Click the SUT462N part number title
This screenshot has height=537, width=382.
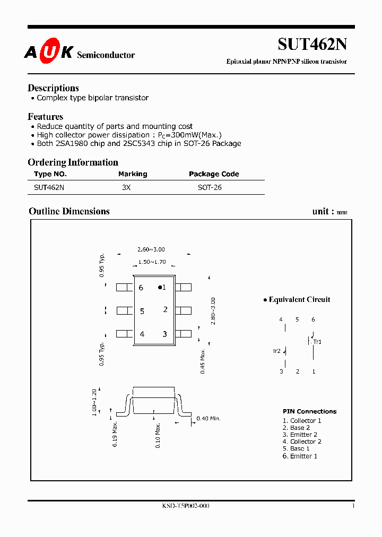(x=312, y=44)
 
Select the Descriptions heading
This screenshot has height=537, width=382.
(x=53, y=88)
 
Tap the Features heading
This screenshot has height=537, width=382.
(x=45, y=117)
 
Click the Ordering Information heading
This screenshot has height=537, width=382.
(x=73, y=162)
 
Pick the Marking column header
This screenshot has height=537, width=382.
(x=133, y=174)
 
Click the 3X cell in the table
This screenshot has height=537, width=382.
(x=126, y=187)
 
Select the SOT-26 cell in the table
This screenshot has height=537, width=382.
(x=210, y=187)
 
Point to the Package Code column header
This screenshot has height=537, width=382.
(x=214, y=174)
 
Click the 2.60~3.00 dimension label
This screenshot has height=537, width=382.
(x=151, y=249)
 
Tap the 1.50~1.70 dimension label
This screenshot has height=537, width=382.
(x=152, y=262)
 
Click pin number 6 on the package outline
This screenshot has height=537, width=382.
(x=141, y=288)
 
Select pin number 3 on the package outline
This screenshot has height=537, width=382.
(x=165, y=334)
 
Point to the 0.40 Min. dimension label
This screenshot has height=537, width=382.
(x=208, y=419)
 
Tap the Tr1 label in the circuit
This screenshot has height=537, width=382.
(x=317, y=342)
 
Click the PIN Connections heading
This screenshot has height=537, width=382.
(x=309, y=411)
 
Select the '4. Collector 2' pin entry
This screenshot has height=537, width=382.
(x=302, y=441)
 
